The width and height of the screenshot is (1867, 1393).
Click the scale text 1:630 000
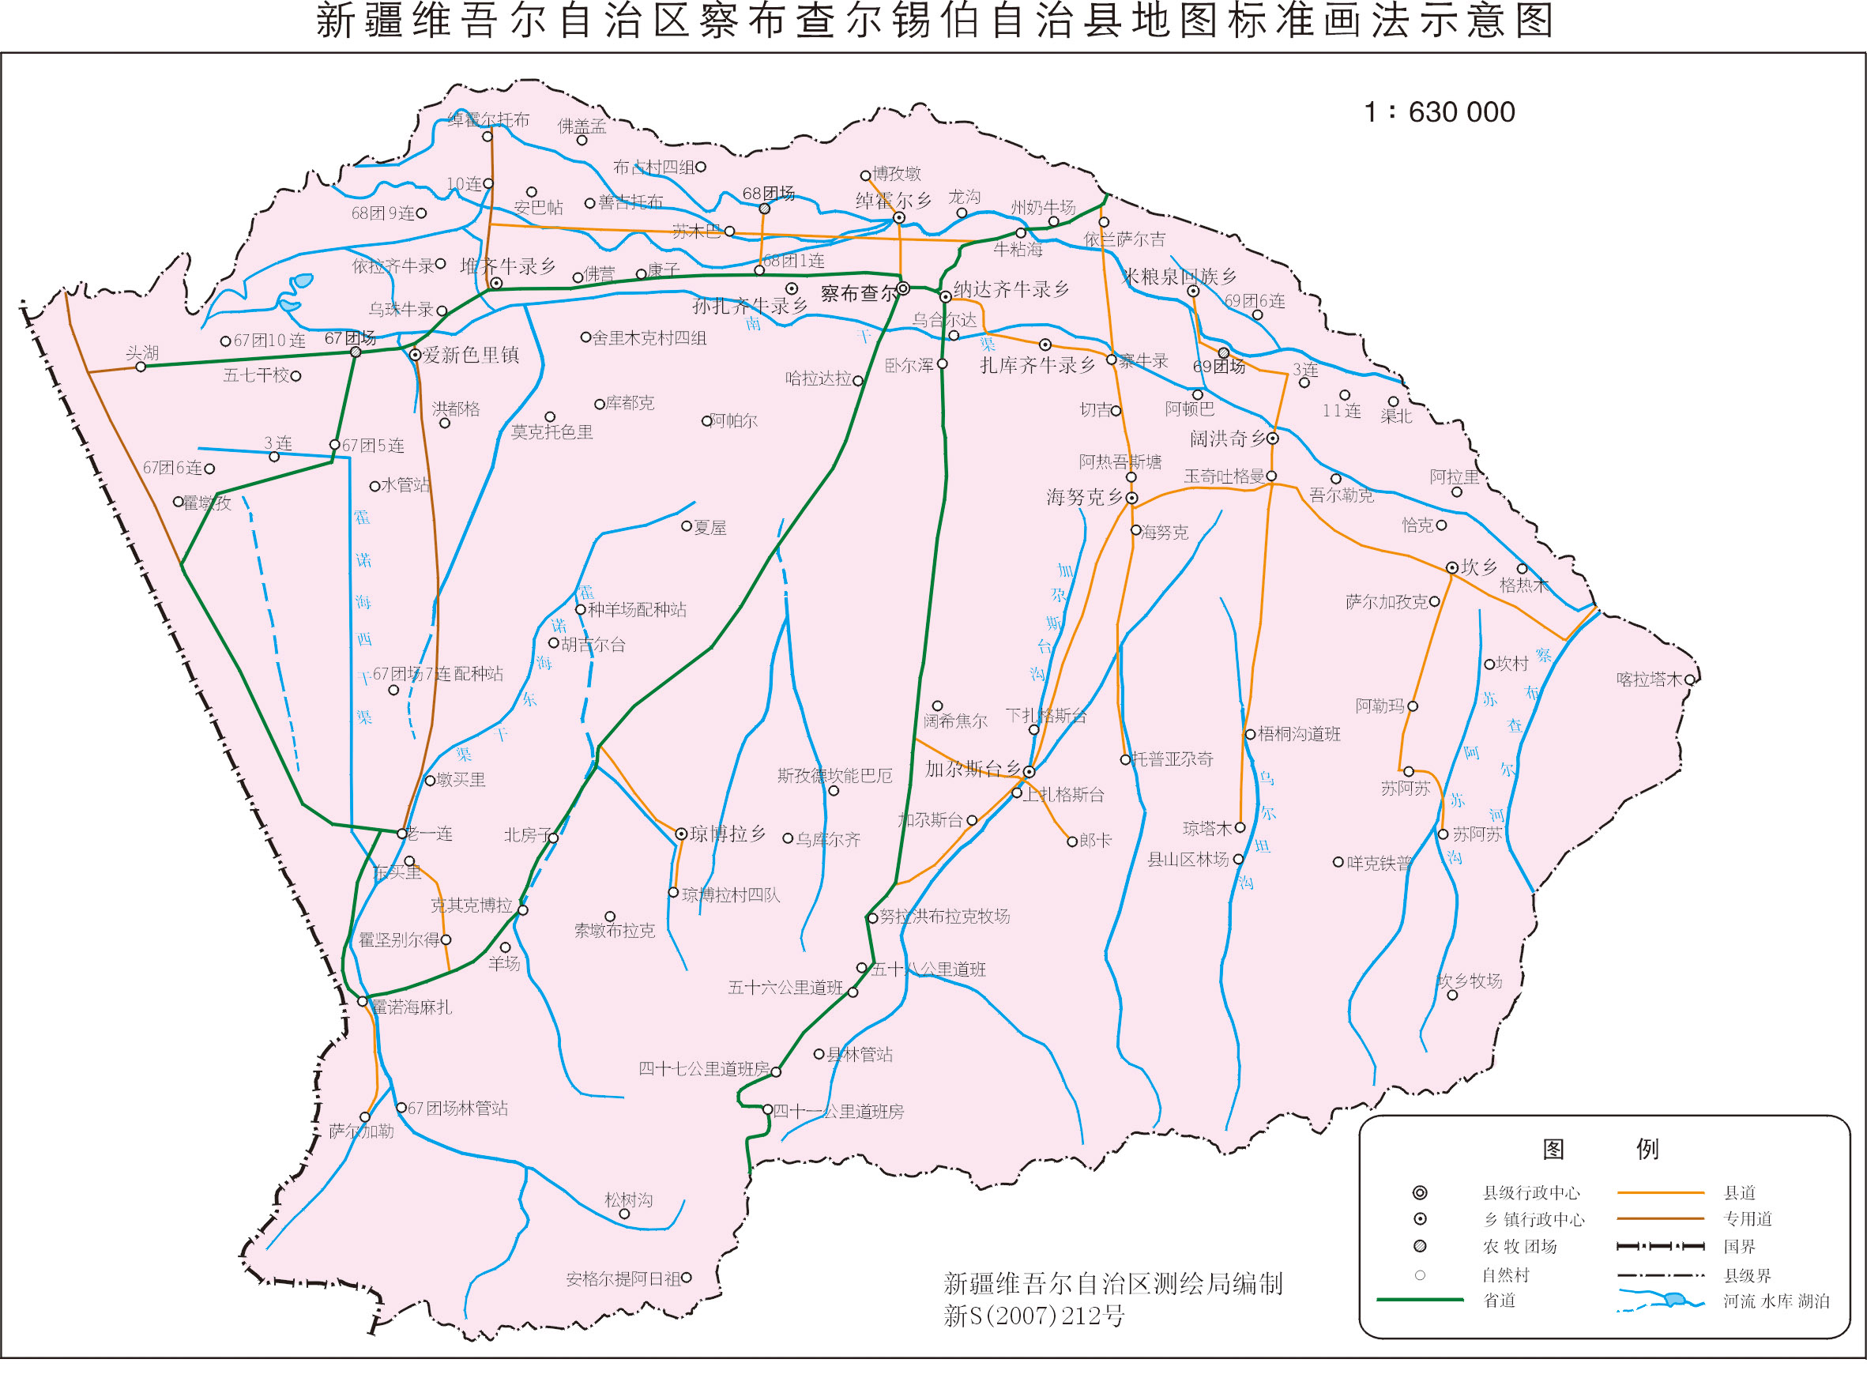[x=1439, y=112]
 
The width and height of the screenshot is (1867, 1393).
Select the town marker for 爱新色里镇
[x=415, y=355]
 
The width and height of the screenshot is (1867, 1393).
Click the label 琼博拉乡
[x=728, y=834]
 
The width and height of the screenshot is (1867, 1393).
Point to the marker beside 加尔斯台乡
[x=1029, y=771]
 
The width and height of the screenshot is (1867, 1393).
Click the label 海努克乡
[x=1085, y=498]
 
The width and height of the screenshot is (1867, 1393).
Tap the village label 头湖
[x=141, y=352]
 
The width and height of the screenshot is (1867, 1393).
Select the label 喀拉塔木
[x=1649, y=679]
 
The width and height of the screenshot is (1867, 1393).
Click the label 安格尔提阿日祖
[x=623, y=1279]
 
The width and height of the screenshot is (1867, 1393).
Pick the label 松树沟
[x=628, y=1199]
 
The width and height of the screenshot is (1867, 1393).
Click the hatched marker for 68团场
[x=764, y=209]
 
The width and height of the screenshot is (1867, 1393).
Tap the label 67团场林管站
[x=457, y=1108]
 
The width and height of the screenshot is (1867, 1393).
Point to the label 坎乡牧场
[x=1470, y=981]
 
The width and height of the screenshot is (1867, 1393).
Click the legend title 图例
[x=1600, y=1149]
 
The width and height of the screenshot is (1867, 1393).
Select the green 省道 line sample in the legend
[x=1419, y=1301]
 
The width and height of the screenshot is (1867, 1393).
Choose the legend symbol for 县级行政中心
[x=1420, y=1192]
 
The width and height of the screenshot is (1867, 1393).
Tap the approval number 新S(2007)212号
[x=1034, y=1316]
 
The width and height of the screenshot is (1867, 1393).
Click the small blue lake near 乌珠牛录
[x=299, y=280]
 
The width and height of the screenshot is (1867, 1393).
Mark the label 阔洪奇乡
[x=1228, y=439]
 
